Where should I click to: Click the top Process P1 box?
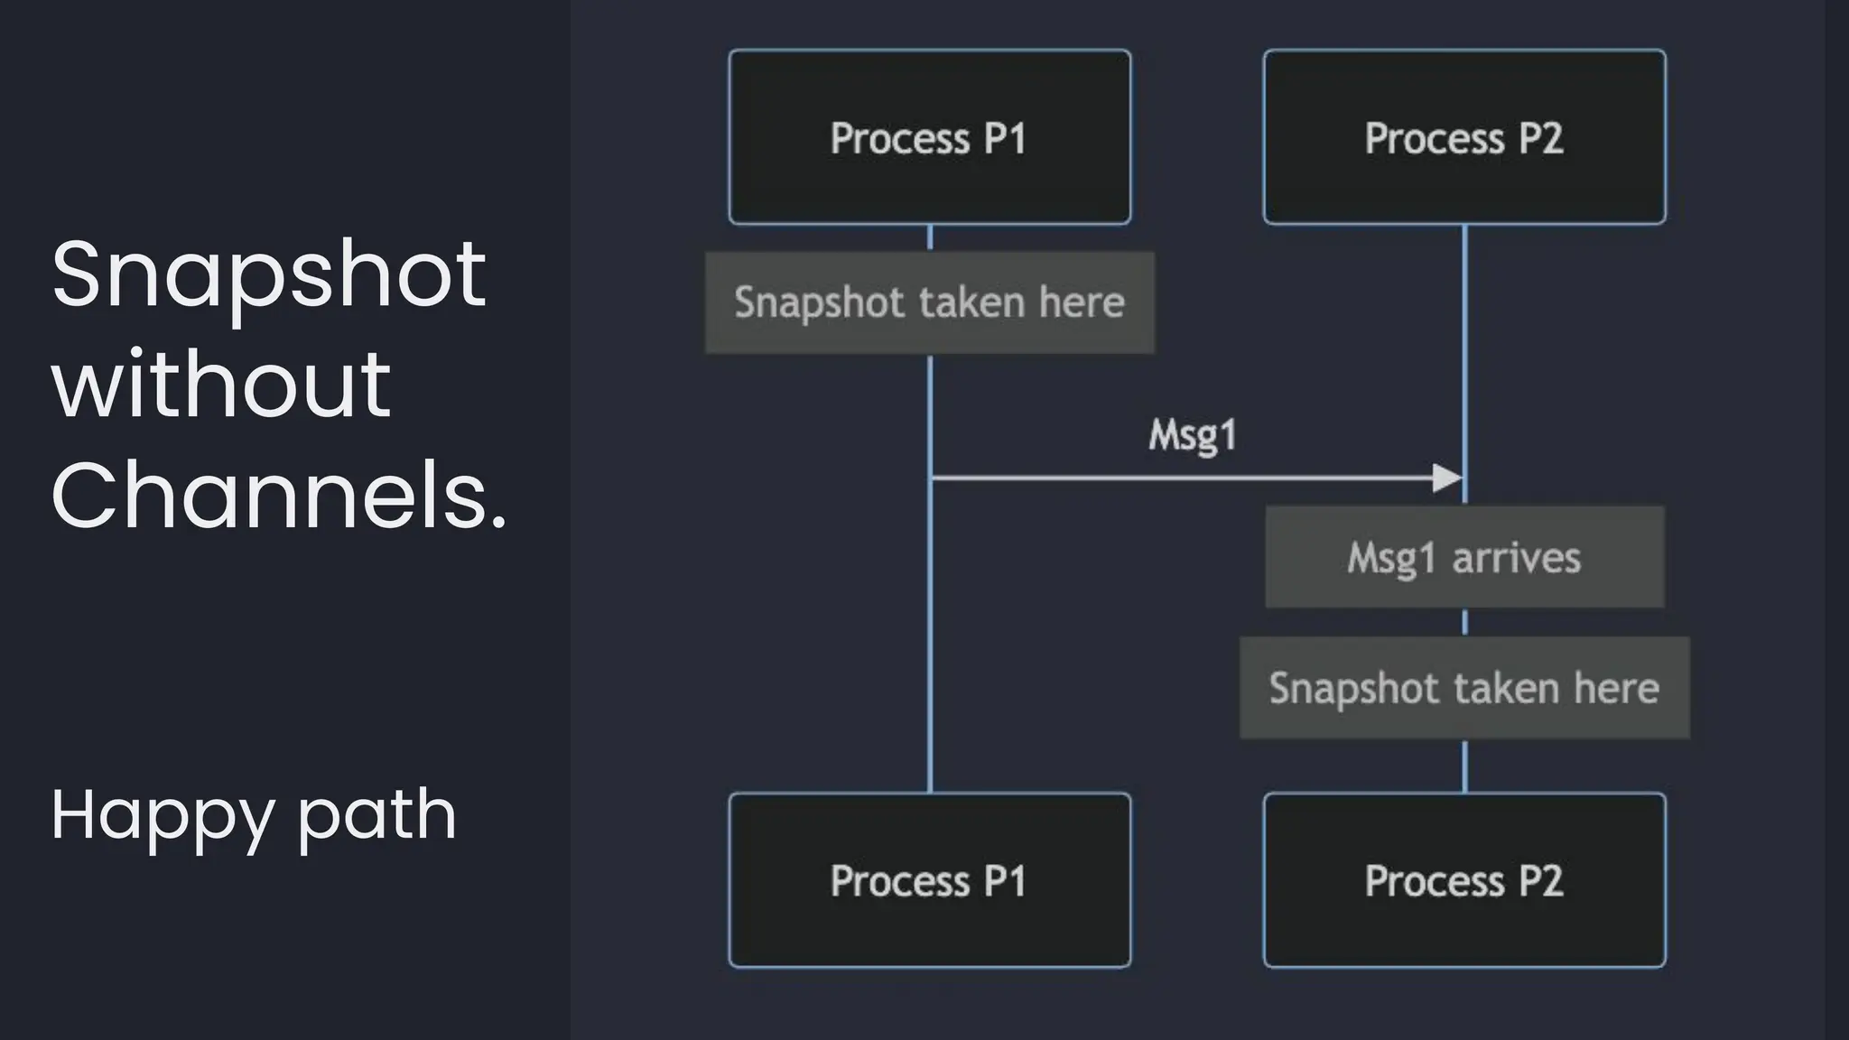pos(929,137)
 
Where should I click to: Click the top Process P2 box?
pos(1463,137)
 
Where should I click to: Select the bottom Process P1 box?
pos(929,880)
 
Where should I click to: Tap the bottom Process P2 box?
pos(1463,880)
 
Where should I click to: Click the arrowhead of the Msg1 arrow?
pos(1447,478)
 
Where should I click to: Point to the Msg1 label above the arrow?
pos(1192,435)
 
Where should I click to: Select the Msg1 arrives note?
pos(1463,557)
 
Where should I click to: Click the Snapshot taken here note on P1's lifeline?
pos(929,302)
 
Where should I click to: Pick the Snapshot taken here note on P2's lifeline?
pos(1463,688)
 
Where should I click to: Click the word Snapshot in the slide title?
pos(268,274)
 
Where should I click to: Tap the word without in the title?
pos(221,385)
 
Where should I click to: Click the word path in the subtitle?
pos(376,815)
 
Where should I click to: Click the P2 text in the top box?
pos(1540,138)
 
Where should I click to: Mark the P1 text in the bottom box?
pos(1005,881)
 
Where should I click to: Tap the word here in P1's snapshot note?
pos(1081,302)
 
